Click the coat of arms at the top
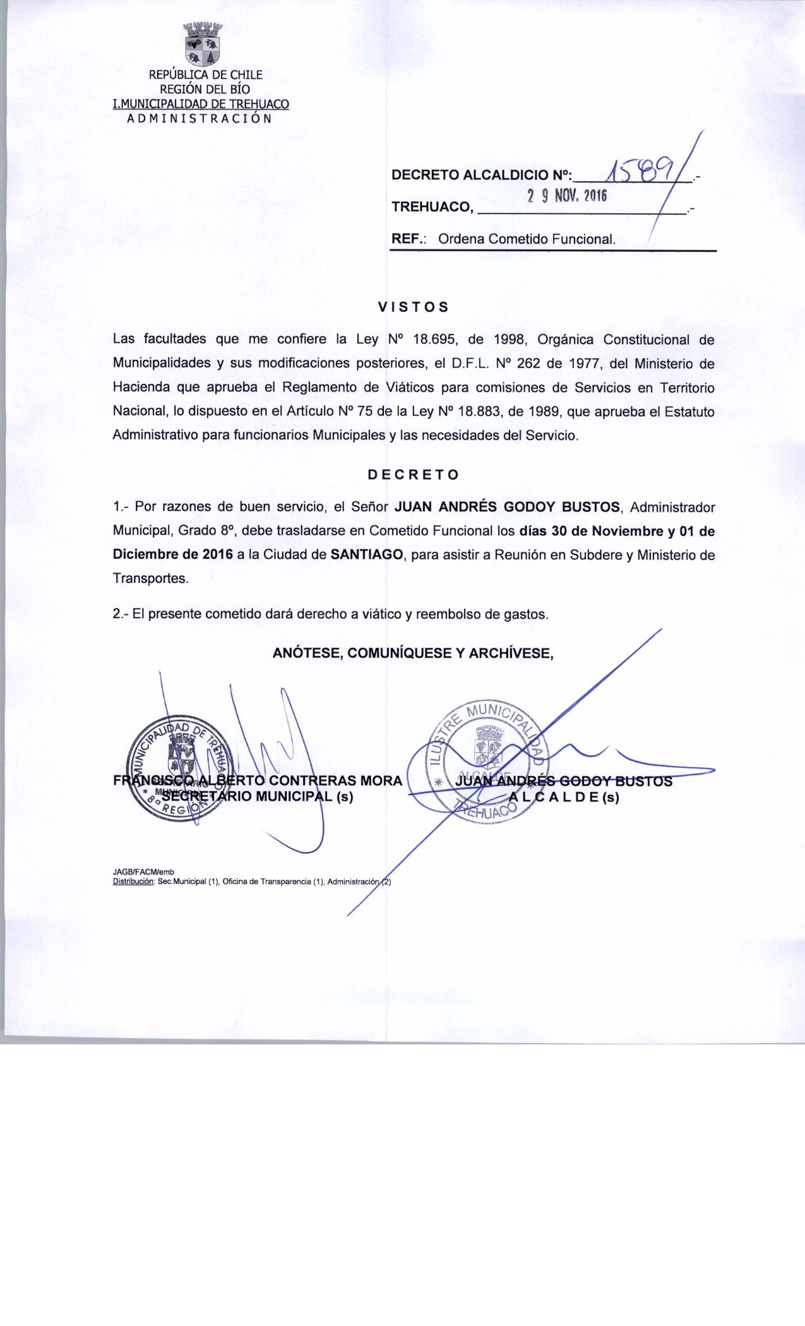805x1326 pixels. pyautogui.click(x=201, y=45)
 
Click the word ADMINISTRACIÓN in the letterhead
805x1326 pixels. pyautogui.click(x=200, y=118)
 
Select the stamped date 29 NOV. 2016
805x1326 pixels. pyautogui.click(x=567, y=196)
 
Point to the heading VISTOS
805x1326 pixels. pyautogui.click(x=414, y=308)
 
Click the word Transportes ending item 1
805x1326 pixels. pyautogui.click(x=150, y=579)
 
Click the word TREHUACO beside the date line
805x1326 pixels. pyautogui.click(x=432, y=206)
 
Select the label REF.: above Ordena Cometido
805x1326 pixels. pyautogui.click(x=410, y=239)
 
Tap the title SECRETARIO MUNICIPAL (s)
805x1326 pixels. pyautogui.click(x=258, y=797)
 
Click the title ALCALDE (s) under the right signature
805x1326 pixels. pyautogui.click(x=564, y=797)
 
